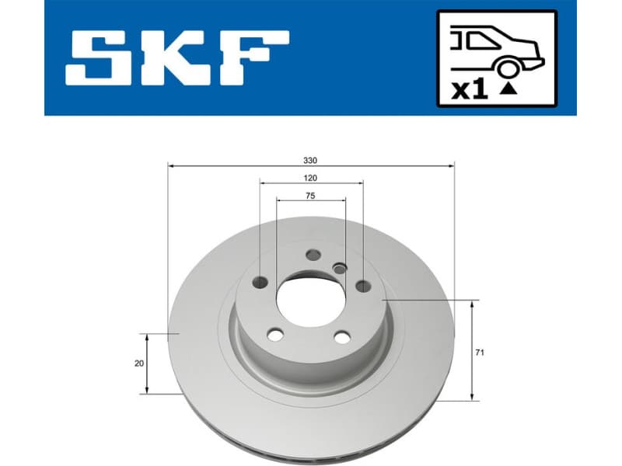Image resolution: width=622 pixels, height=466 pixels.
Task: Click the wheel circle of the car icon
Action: (x=508, y=69)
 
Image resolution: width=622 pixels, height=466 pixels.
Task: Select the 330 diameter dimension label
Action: (x=310, y=161)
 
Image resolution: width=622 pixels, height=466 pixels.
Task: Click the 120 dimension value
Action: (x=310, y=178)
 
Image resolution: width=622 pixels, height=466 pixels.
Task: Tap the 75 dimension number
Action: (x=310, y=196)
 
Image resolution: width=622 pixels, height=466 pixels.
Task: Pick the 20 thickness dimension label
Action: (x=138, y=363)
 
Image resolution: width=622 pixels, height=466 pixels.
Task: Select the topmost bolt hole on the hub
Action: (x=313, y=254)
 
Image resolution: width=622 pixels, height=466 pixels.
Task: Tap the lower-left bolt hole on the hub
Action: (x=274, y=334)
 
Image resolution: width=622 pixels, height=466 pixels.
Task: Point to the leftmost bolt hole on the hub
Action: (x=261, y=282)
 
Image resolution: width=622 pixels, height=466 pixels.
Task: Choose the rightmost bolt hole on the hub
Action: (x=362, y=286)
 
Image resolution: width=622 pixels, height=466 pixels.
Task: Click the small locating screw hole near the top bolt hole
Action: (x=338, y=268)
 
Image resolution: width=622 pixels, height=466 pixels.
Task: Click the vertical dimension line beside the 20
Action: (x=149, y=363)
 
